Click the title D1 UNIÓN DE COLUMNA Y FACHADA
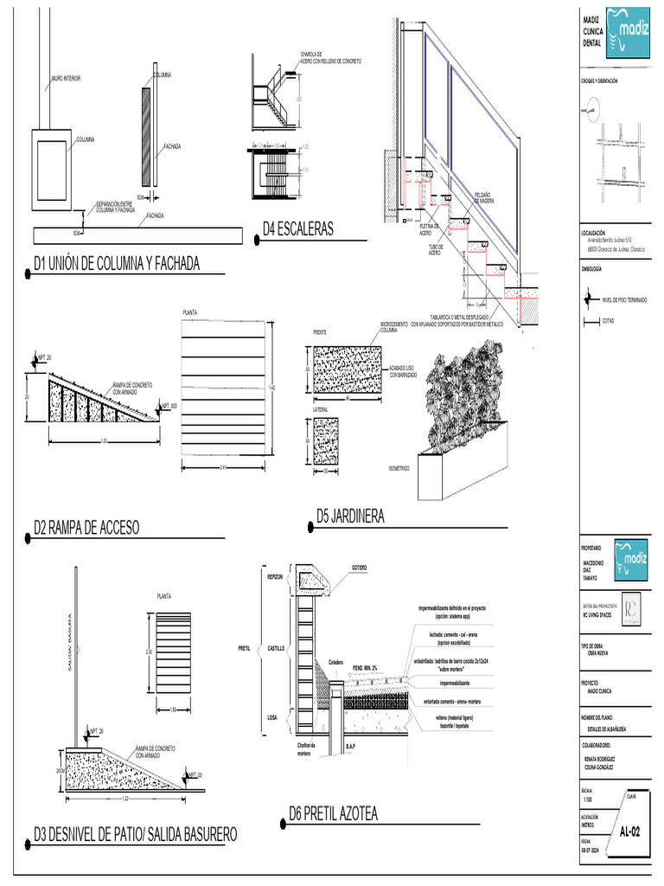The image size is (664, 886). [x=117, y=264]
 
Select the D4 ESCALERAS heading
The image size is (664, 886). [x=298, y=229]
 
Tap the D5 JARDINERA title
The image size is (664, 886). [x=350, y=517]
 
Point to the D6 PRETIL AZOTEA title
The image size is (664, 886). [x=334, y=814]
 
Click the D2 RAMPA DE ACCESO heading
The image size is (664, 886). [x=86, y=528]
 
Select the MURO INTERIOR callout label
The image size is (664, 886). [x=66, y=79]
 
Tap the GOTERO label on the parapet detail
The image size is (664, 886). [x=360, y=568]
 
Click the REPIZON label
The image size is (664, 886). [x=275, y=576]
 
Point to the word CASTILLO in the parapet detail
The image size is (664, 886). [x=275, y=647]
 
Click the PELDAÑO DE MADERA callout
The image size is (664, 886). [x=484, y=197]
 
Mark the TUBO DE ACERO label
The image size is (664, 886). [x=435, y=249]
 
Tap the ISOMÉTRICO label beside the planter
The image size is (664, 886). [x=399, y=467]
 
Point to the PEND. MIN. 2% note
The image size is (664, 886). [x=368, y=668]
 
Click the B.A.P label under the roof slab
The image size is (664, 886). [x=350, y=745]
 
